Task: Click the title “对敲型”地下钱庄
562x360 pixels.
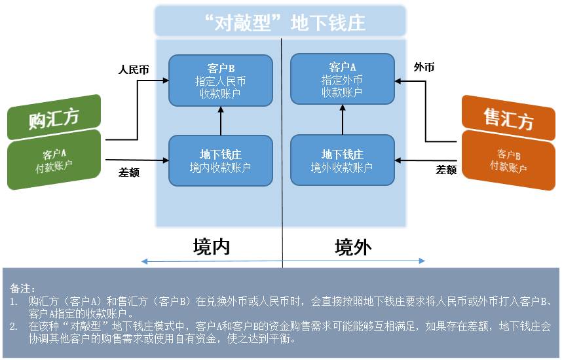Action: coord(282,22)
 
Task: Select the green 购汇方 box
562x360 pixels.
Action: coord(54,118)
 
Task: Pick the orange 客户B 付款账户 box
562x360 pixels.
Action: coord(508,160)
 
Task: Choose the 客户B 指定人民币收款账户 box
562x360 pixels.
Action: coord(220,80)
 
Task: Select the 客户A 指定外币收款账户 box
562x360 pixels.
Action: coord(342,80)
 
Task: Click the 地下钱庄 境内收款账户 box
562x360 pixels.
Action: coord(220,160)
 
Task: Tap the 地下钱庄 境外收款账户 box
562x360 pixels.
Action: coord(342,160)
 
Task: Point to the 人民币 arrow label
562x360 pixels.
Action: coord(133,69)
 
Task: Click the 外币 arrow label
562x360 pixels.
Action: coord(424,67)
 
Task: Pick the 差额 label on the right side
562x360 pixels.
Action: coord(446,170)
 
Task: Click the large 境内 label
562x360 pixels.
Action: coord(212,246)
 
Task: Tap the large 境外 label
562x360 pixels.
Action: coord(353,246)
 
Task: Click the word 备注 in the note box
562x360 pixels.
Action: coord(22,288)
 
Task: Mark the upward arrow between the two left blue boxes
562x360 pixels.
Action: coord(221,120)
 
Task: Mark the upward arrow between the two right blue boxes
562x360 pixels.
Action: coord(342,120)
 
